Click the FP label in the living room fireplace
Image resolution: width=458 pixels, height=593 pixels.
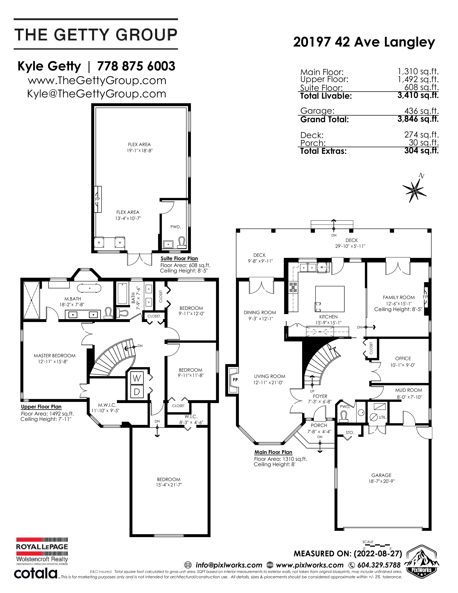[x=235, y=380]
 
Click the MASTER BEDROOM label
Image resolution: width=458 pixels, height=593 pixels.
[x=55, y=355]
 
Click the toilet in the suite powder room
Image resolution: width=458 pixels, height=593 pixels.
[x=182, y=242]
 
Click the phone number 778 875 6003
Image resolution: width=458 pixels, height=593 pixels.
[x=136, y=66]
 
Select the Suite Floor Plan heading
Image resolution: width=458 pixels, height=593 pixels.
[x=179, y=258]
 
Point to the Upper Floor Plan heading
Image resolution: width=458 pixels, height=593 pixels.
[x=41, y=406]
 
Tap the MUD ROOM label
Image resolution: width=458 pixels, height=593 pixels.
[x=408, y=390]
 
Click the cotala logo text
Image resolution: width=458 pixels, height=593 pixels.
[x=36, y=573]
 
